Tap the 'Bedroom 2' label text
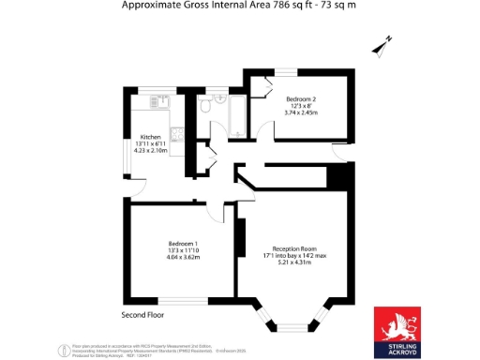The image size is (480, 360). click(x=301, y=99)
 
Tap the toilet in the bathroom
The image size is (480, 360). click(x=204, y=109)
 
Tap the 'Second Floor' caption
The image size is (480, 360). click(x=142, y=314)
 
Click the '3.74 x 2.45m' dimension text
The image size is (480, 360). click(x=301, y=113)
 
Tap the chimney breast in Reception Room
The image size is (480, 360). click(x=240, y=239)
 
